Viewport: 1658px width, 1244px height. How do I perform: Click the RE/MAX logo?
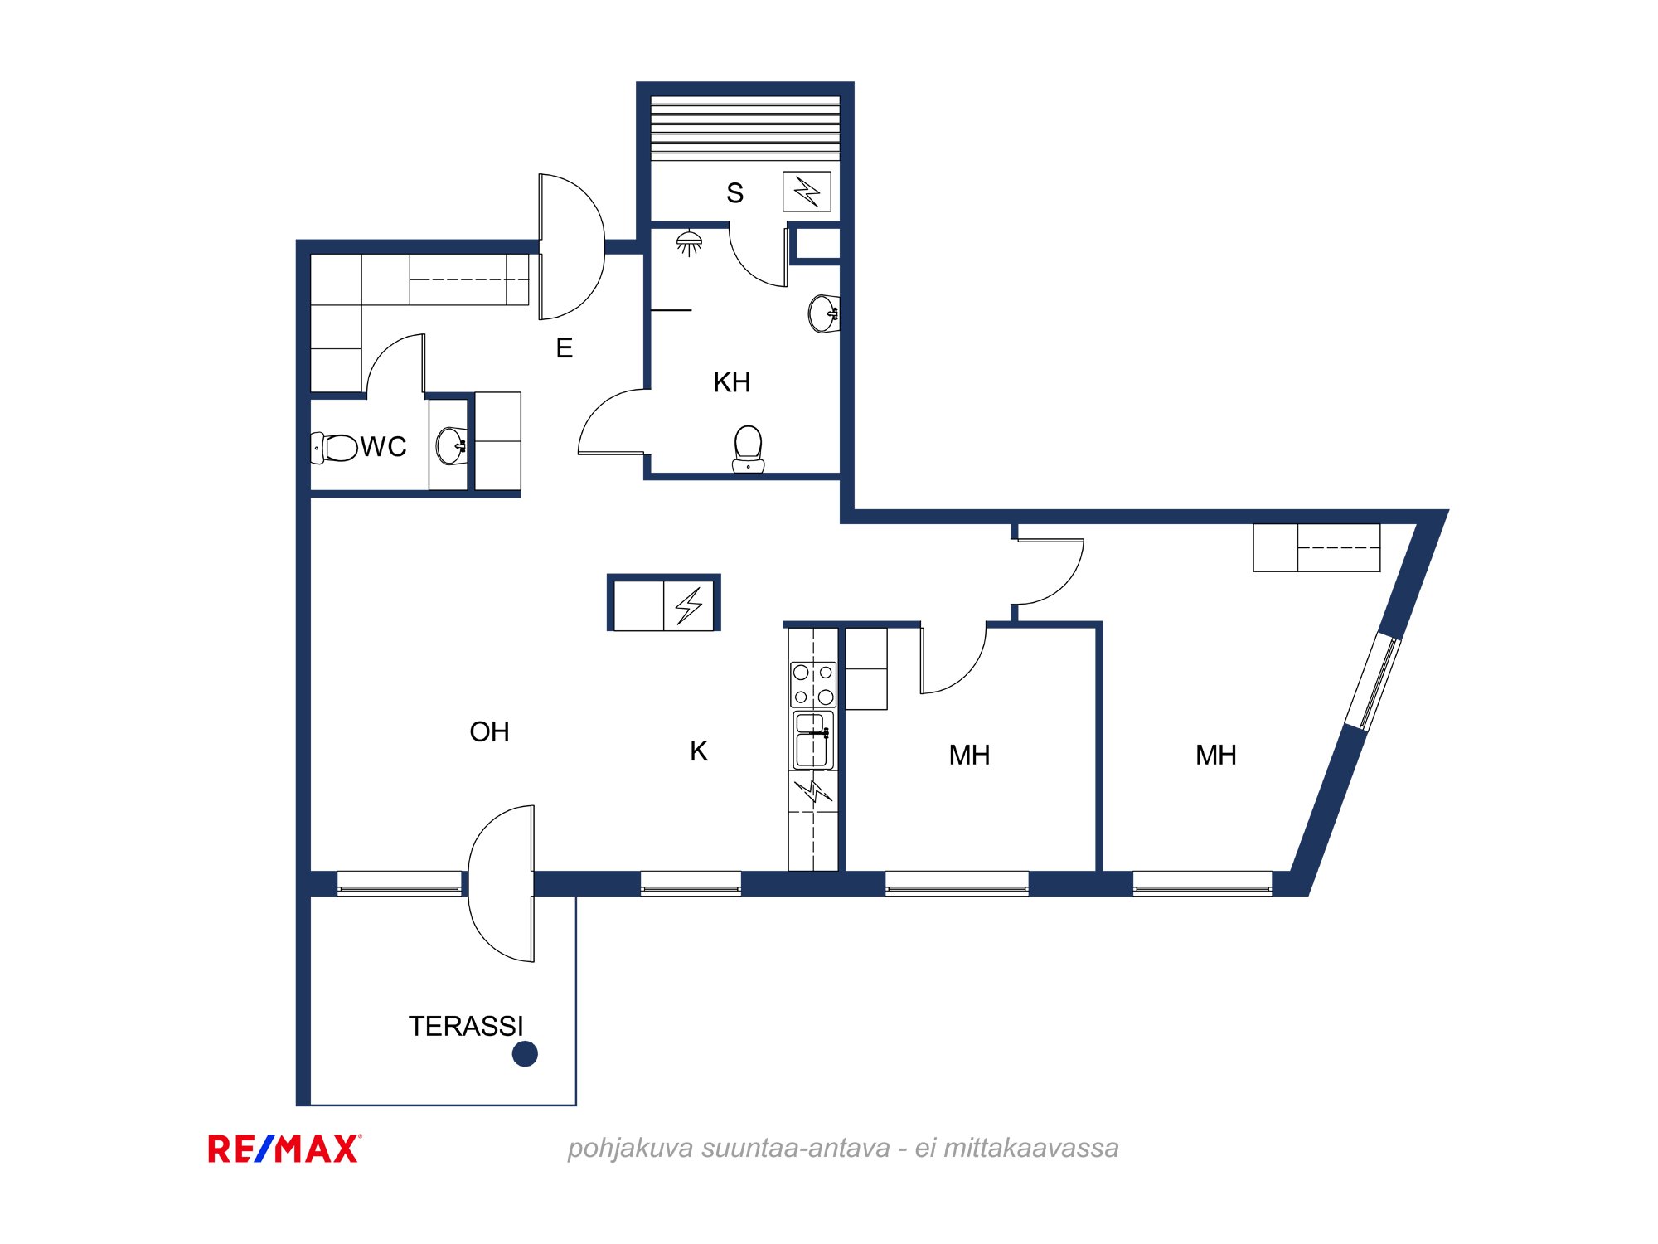point(284,1149)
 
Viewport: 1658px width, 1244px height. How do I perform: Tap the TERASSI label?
point(466,1027)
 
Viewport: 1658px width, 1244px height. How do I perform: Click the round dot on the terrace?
point(525,1054)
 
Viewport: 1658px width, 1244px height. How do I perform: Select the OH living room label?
point(489,732)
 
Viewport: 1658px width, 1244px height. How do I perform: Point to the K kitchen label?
point(699,751)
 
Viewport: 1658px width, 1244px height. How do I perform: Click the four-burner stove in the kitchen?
point(813,684)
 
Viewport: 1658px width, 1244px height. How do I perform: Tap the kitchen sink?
point(813,740)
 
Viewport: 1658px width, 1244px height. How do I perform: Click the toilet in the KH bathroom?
point(748,449)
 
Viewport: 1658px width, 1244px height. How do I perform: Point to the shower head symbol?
point(690,243)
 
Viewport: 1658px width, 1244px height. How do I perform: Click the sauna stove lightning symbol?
point(807,192)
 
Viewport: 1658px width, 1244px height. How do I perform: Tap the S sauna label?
point(734,193)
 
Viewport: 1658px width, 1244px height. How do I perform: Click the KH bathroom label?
point(732,382)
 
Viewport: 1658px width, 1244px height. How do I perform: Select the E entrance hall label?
point(565,348)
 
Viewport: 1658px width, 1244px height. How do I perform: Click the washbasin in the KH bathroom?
point(824,313)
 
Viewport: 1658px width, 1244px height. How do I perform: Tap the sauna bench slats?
point(745,128)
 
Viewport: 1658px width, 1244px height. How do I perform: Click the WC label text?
point(384,447)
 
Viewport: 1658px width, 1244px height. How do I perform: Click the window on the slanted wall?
point(1373,682)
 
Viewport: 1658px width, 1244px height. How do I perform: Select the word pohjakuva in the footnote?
point(630,1149)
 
